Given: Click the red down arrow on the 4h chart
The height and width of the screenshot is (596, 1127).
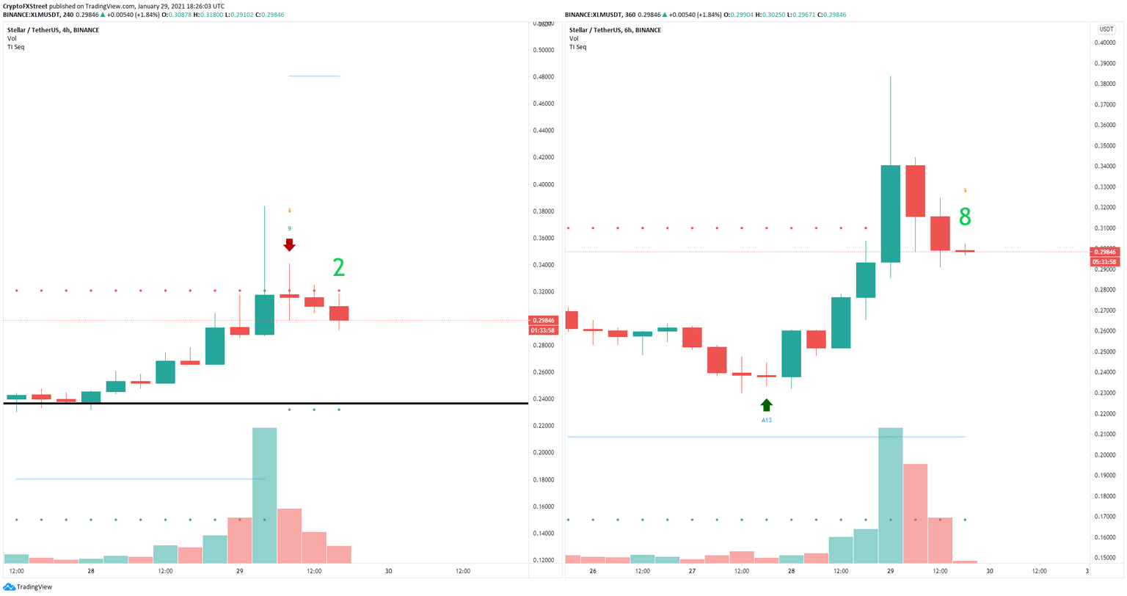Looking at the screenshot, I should point(289,244).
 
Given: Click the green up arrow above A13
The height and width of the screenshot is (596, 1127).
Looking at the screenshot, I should point(766,405).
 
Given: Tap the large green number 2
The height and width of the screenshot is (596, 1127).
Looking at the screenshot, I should point(338,268).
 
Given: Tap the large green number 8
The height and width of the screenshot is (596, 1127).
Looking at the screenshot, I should point(965,217).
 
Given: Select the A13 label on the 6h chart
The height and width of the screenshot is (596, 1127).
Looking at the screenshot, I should point(766,421).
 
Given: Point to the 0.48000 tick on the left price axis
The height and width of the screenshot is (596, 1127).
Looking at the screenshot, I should point(544,77).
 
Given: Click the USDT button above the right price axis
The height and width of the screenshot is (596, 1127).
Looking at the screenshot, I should point(1106,29).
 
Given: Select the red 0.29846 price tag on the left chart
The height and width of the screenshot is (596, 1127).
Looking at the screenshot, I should point(544,320).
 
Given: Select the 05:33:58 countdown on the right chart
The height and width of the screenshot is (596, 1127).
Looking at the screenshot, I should point(1105,262).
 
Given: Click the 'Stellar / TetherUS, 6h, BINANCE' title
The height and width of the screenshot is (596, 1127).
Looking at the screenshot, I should point(615,30).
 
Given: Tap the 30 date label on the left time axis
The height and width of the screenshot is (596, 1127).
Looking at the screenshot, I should point(388,571).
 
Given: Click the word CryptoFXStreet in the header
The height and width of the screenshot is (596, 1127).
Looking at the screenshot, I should point(26,6).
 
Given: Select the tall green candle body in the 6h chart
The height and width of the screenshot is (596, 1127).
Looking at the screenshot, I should point(890,214).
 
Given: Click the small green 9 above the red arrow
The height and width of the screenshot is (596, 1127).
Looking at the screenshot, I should point(289,228).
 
